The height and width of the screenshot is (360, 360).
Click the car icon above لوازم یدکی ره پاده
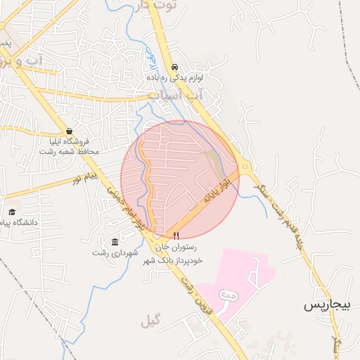point(174,67)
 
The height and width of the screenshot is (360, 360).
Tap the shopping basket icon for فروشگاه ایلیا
point(69,131)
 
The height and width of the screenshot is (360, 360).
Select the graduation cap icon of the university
point(11,212)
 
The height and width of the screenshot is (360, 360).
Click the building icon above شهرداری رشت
point(115,242)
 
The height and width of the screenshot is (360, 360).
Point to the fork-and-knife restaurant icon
point(176,236)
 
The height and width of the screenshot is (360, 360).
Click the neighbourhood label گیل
point(150,321)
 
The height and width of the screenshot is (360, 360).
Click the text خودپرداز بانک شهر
point(172,260)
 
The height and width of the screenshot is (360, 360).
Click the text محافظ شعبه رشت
point(70,151)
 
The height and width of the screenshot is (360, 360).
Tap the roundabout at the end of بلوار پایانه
point(245,168)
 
